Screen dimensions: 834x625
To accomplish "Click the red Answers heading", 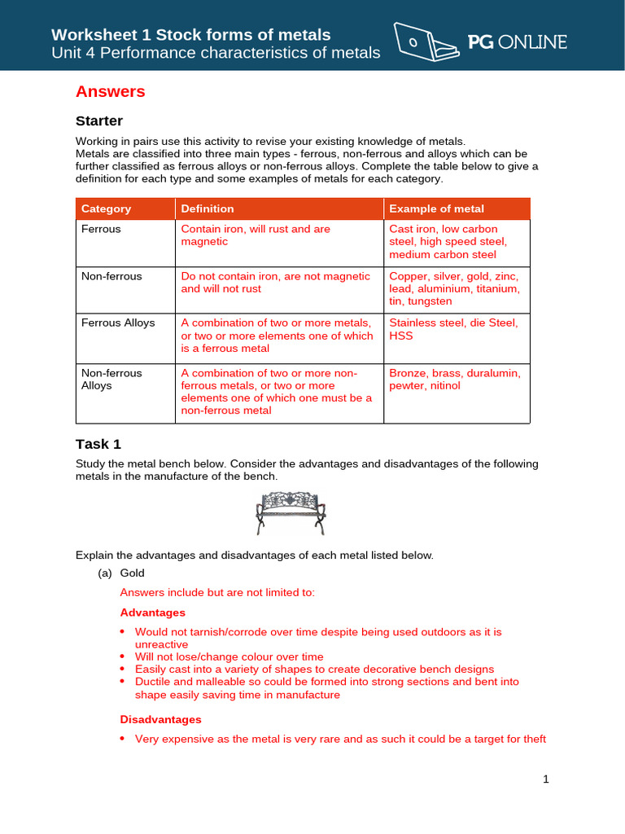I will (x=110, y=92).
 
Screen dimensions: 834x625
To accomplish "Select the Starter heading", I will (x=99, y=121).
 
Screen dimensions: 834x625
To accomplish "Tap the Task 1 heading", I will (x=98, y=444).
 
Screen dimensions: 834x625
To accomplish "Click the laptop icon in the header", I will (x=423, y=40).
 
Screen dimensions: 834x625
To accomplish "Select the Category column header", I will (x=106, y=208).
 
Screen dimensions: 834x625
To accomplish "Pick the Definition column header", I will (x=208, y=208).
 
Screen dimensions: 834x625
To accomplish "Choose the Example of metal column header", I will (x=436, y=208).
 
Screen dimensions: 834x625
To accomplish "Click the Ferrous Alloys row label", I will (x=118, y=323).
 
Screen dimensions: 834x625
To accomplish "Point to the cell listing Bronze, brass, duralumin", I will (x=455, y=379).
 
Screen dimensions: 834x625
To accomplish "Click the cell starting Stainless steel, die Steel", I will (x=453, y=329).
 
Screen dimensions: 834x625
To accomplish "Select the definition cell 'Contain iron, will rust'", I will (x=256, y=235).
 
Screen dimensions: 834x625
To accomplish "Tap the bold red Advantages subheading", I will (x=153, y=612).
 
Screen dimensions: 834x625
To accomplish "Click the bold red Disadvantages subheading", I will (x=161, y=720).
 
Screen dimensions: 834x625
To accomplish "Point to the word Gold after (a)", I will (x=132, y=573).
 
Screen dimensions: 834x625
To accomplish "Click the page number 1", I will (x=546, y=779).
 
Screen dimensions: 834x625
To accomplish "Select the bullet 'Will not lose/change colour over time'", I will (x=229, y=656).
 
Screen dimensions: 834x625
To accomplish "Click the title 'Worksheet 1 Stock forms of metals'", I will (x=191, y=35).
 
